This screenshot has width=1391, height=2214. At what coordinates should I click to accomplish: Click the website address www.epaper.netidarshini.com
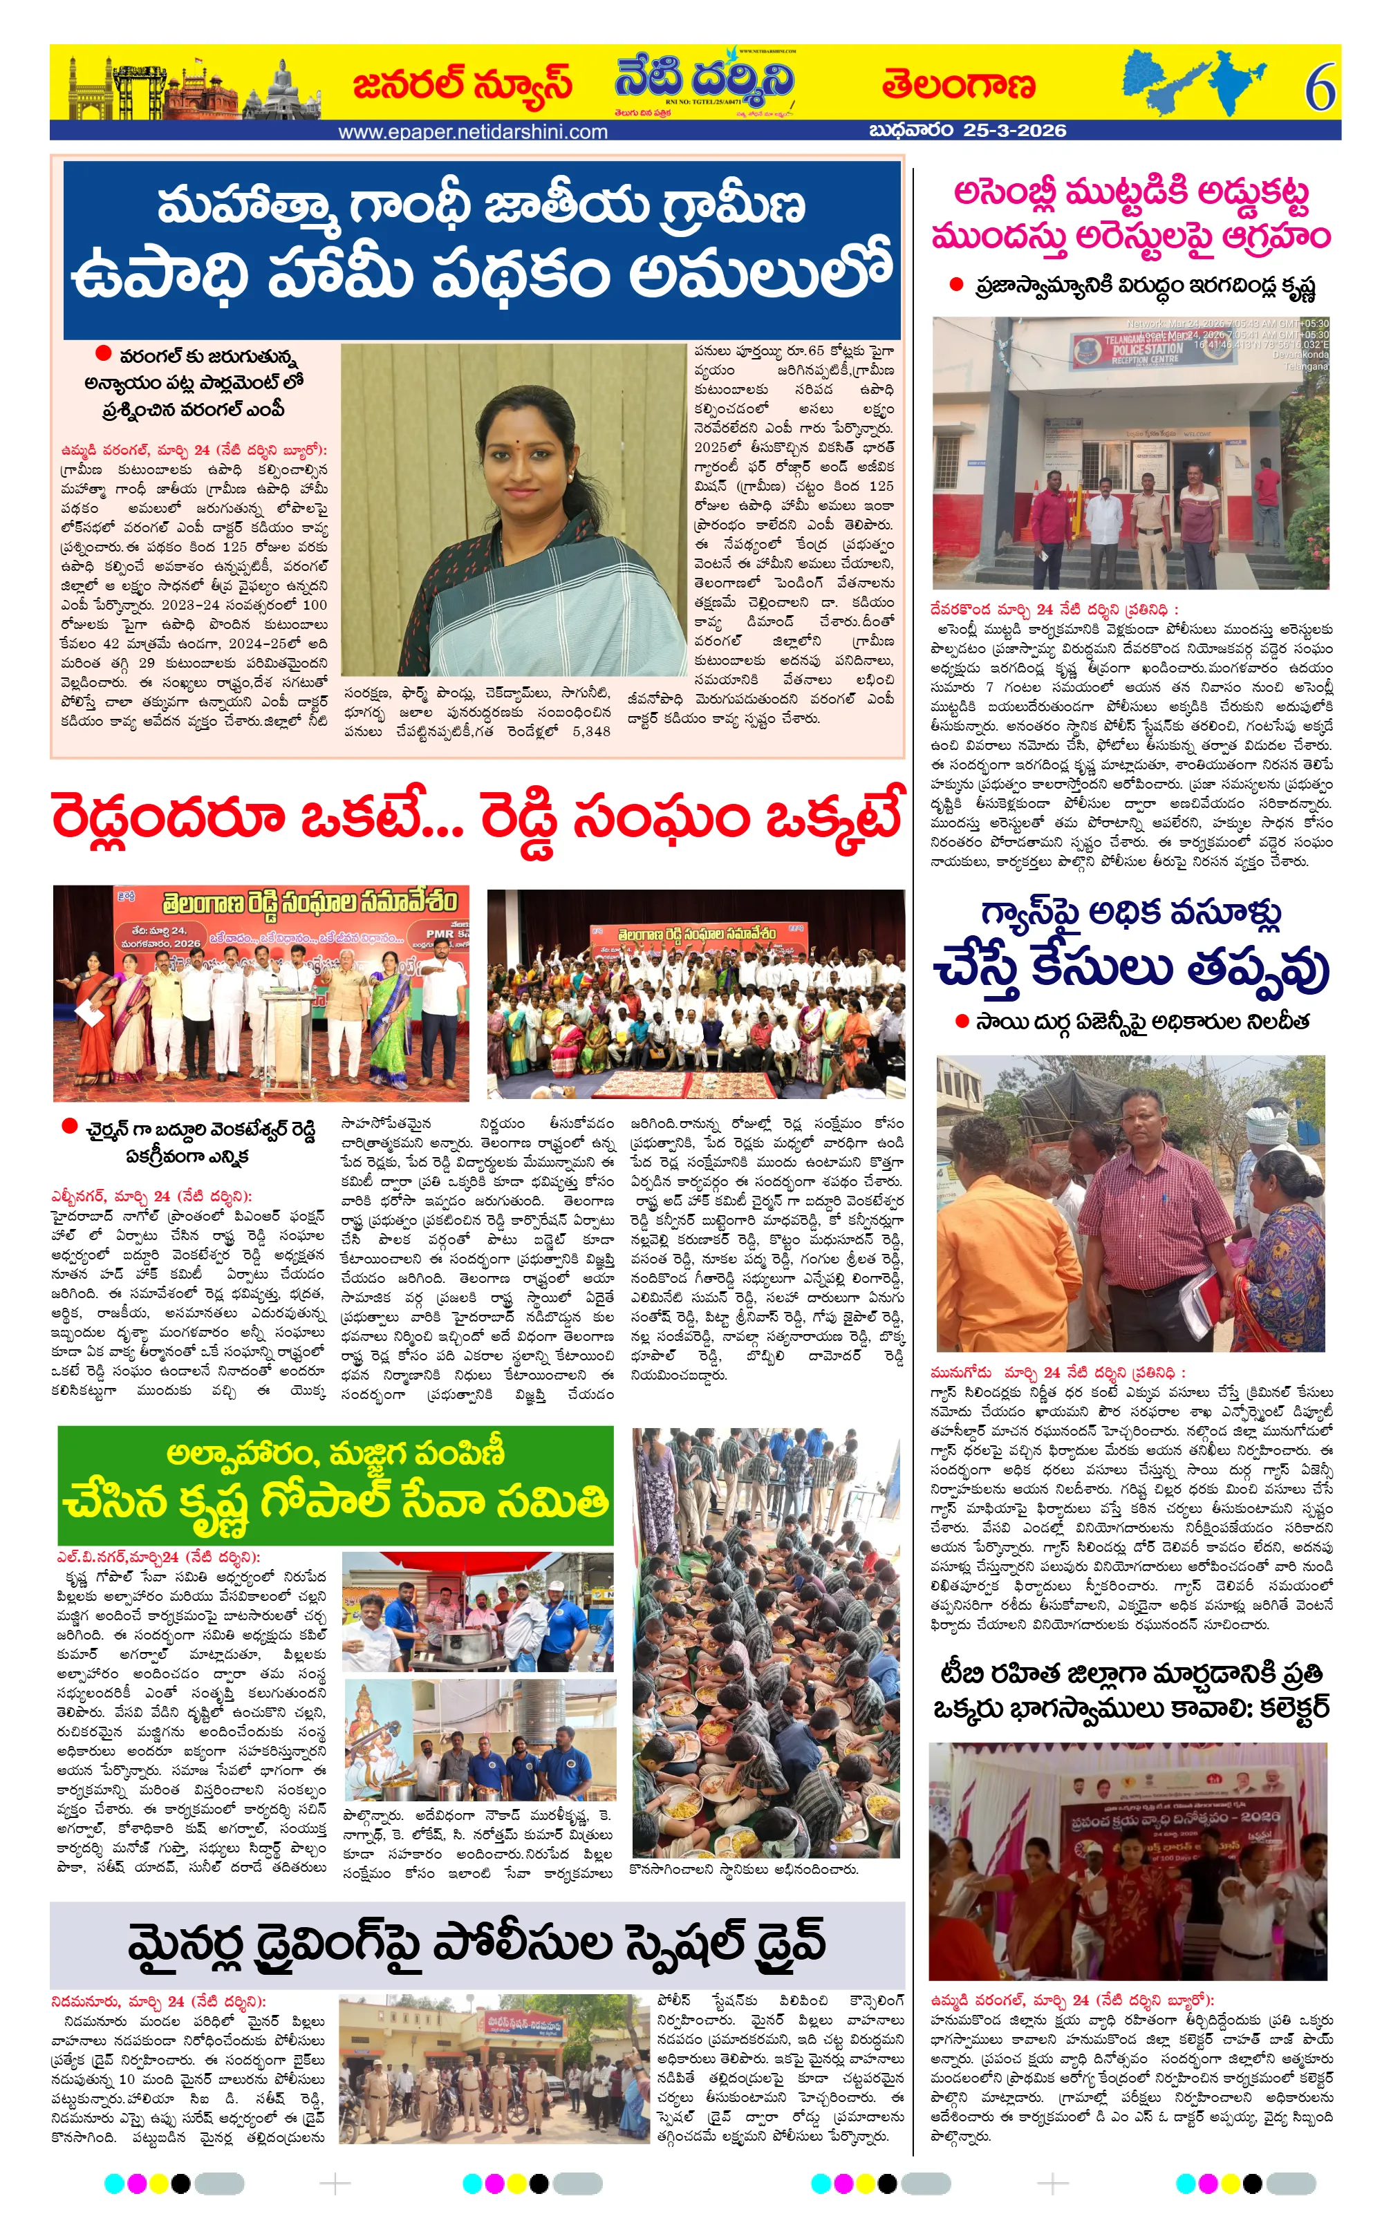point(473,131)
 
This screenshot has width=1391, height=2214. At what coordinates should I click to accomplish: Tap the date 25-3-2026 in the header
point(1015,131)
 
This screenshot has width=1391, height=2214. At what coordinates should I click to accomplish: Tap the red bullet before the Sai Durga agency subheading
point(962,1020)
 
